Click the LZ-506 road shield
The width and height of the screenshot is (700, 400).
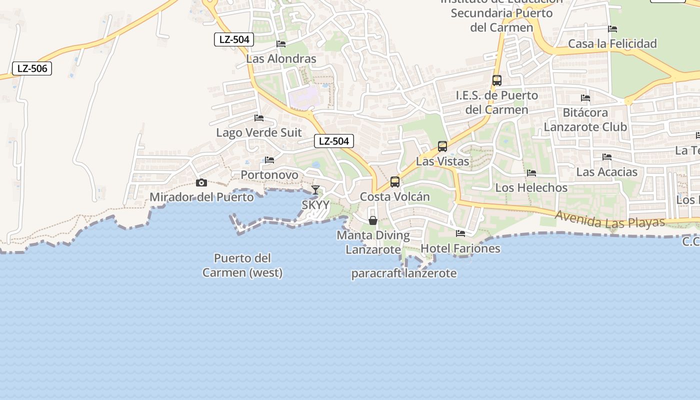32,68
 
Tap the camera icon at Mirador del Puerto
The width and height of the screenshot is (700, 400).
201,183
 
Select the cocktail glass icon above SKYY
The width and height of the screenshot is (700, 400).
315,190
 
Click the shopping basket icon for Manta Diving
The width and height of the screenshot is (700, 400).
372,220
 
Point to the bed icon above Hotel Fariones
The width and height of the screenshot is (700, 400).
460,233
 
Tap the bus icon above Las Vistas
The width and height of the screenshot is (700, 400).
442,146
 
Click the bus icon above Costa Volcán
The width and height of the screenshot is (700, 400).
395,182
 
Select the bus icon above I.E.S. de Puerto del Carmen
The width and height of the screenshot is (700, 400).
497,80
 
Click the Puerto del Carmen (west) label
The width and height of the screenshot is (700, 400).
242,265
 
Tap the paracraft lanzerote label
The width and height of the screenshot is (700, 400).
404,273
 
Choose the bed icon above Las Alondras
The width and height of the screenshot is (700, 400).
281,44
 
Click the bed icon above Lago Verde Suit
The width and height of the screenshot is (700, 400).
259,118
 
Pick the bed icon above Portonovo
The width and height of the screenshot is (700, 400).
269,160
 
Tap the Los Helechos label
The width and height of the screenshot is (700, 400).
531,188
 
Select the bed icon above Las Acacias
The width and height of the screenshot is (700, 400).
607,157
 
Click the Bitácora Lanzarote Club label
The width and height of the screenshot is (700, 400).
585,119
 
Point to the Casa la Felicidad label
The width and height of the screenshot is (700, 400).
612,44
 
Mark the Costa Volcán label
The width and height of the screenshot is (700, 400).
395,197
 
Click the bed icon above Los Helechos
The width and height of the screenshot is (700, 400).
531,173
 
